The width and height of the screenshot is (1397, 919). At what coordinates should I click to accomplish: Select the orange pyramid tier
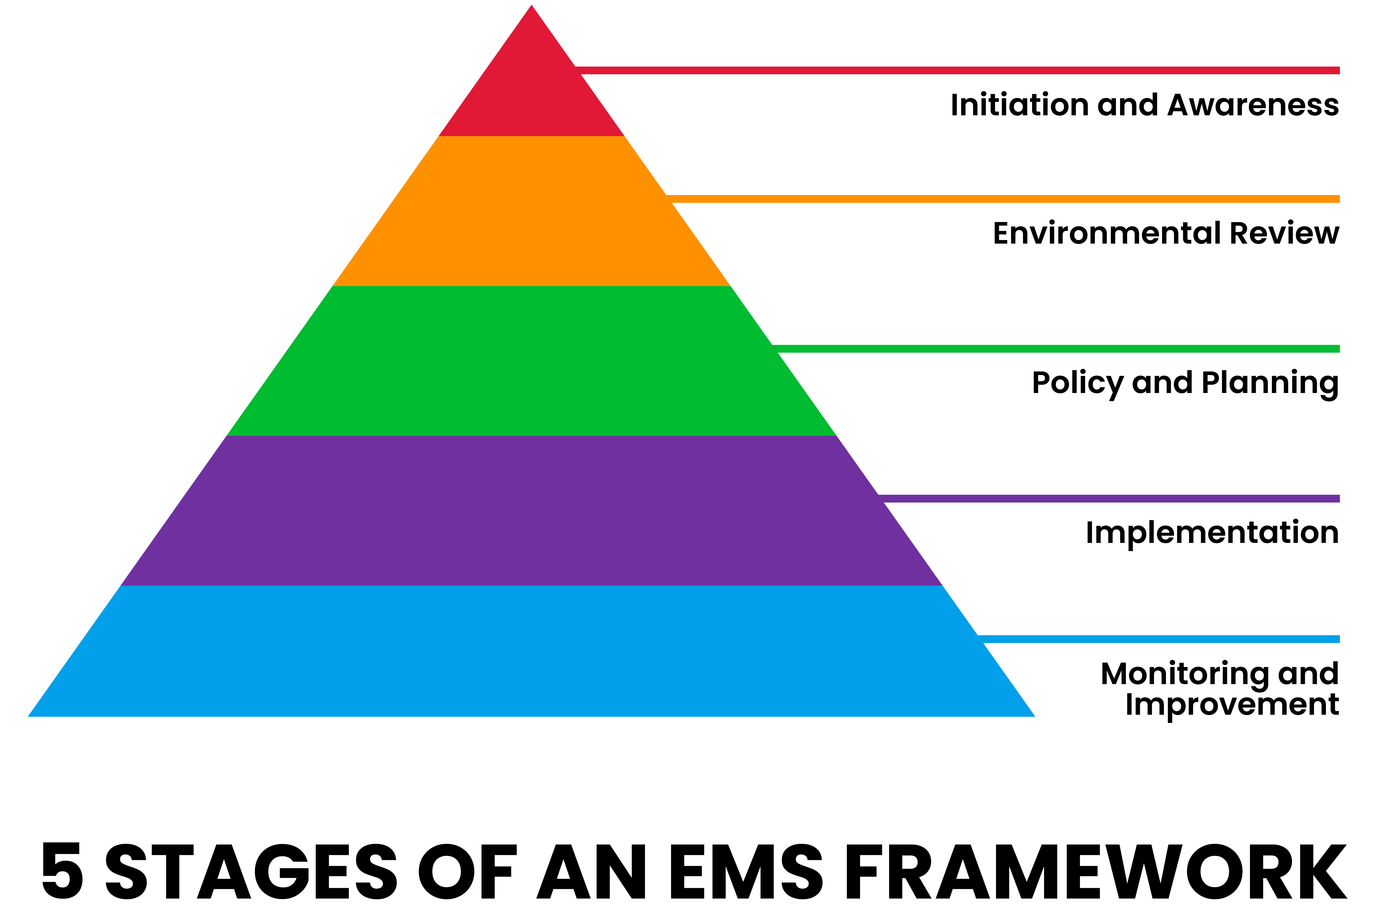coord(531,211)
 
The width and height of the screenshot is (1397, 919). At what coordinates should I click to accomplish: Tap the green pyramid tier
coord(531,361)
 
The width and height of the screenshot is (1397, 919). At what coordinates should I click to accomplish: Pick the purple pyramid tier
coord(531,510)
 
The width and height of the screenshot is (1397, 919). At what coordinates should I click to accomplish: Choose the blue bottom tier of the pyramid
coord(531,651)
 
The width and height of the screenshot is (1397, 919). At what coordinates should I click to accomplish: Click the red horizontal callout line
coord(957,70)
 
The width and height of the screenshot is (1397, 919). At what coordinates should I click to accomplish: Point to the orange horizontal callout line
coord(1004,199)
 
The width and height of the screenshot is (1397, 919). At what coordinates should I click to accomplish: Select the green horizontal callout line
coord(1056,349)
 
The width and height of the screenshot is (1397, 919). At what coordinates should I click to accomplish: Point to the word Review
coord(1284,234)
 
